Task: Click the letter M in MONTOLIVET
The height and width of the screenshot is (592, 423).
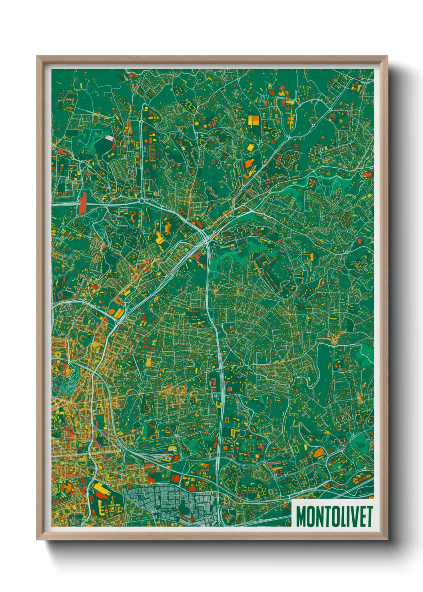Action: pyautogui.click(x=302, y=517)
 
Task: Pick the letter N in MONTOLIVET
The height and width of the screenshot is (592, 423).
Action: pyautogui.click(x=318, y=517)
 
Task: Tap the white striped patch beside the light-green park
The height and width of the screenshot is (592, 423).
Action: pyautogui.click(x=108, y=138)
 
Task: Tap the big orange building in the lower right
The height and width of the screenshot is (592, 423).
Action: pyautogui.click(x=319, y=453)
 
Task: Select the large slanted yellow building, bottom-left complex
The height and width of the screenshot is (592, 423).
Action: pyautogui.click(x=101, y=488)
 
